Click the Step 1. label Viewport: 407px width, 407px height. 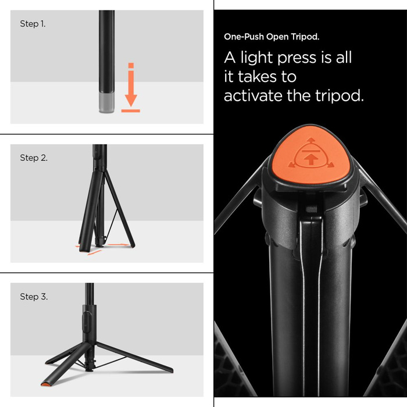click(33, 24)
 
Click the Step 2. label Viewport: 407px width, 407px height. click(34, 158)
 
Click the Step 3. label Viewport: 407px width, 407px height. click(34, 297)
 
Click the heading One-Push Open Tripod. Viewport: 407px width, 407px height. click(271, 37)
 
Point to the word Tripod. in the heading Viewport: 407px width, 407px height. click(305, 37)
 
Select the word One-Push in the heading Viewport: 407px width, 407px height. click(242, 37)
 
